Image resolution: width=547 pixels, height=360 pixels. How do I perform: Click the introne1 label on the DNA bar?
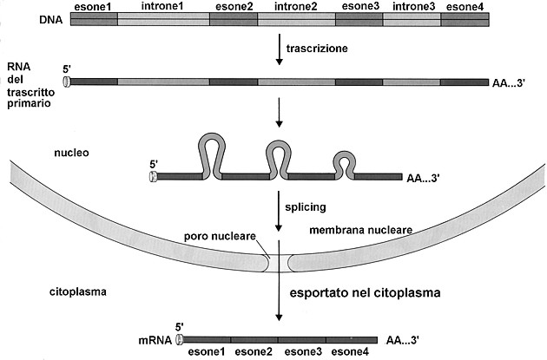tap(161, 6)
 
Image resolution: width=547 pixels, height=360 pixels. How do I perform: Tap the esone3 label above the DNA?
tap(359, 6)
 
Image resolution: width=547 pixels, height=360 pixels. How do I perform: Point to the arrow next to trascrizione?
tap(279, 49)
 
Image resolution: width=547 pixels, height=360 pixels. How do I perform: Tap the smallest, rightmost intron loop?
tap(345, 162)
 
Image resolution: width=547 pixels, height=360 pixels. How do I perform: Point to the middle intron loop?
tap(277, 154)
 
